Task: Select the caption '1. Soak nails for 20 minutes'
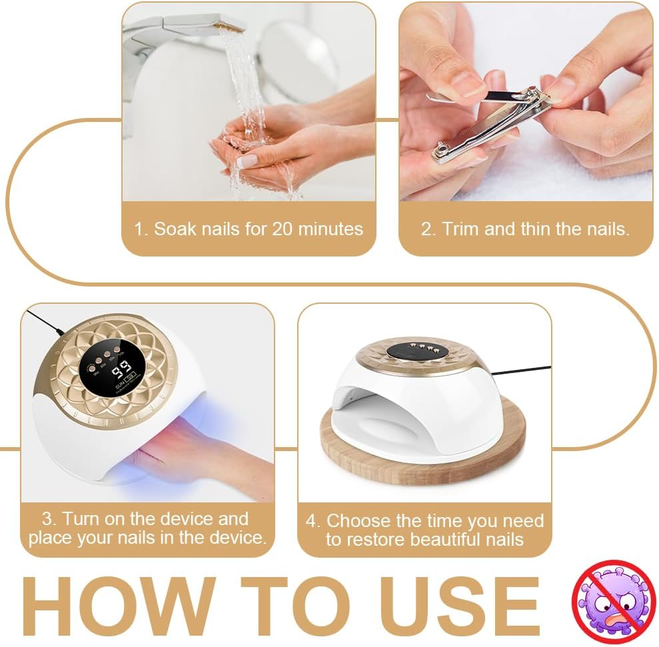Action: click(x=249, y=229)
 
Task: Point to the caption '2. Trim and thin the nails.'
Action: click(x=525, y=229)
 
